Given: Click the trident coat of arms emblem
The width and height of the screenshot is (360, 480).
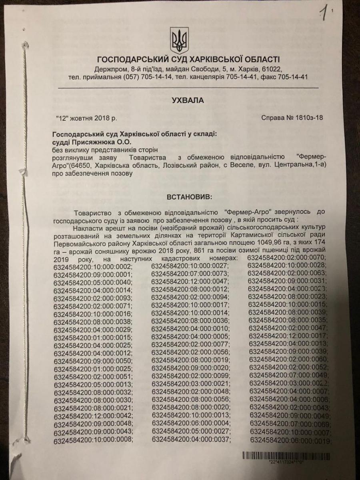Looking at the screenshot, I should (x=178, y=41).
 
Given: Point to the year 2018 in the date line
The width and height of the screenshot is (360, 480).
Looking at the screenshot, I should (x=100, y=118).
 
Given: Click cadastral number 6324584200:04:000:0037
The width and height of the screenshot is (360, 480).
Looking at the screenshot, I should (x=191, y=440).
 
